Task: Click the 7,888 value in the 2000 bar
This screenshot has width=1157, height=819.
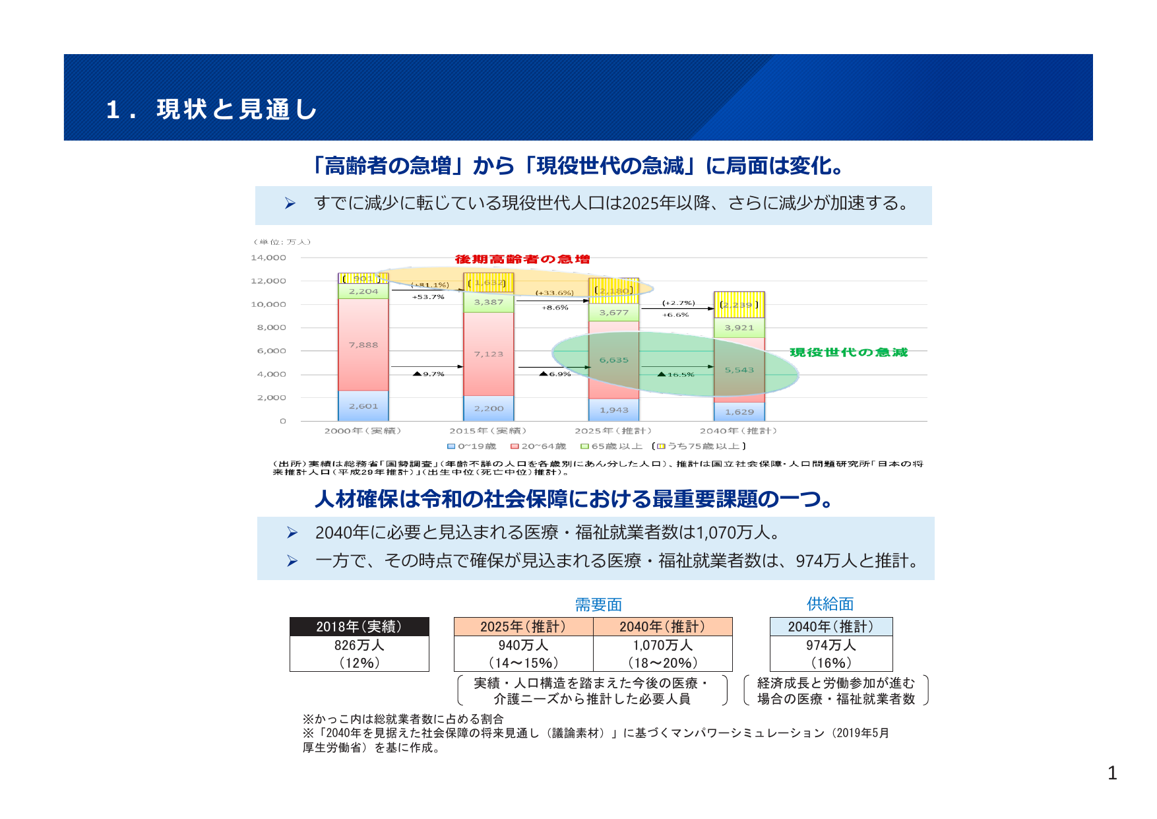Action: pos(363,345)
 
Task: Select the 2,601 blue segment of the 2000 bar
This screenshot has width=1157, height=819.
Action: pos(363,406)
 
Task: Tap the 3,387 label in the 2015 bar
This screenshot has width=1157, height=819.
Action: pos(489,302)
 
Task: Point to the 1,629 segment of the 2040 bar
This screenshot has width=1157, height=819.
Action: pos(739,412)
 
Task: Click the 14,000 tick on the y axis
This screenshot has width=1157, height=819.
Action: pos(268,258)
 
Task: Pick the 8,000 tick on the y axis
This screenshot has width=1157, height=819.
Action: pos(272,327)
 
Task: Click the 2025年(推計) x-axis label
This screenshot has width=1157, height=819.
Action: pos(613,431)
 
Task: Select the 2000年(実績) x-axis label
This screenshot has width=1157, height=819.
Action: pos(363,431)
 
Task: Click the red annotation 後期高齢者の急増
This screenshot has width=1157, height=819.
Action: pos(522,259)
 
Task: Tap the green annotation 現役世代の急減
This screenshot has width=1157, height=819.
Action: pos(848,352)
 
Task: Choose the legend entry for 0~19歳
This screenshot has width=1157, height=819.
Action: pos(472,446)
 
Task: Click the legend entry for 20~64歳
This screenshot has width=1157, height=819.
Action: pos(538,446)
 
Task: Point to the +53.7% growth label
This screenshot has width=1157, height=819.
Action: pos(429,297)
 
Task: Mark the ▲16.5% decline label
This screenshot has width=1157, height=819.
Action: pos(676,375)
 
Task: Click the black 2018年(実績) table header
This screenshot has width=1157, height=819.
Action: pos(360,626)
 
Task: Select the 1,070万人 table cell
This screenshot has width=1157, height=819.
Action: pos(663,645)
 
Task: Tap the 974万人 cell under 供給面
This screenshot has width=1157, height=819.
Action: pos(831,645)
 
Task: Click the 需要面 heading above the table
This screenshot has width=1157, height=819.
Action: pos(598,605)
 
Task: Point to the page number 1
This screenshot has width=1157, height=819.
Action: pos(1112,773)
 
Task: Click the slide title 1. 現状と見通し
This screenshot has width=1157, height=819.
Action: pos(212,110)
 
